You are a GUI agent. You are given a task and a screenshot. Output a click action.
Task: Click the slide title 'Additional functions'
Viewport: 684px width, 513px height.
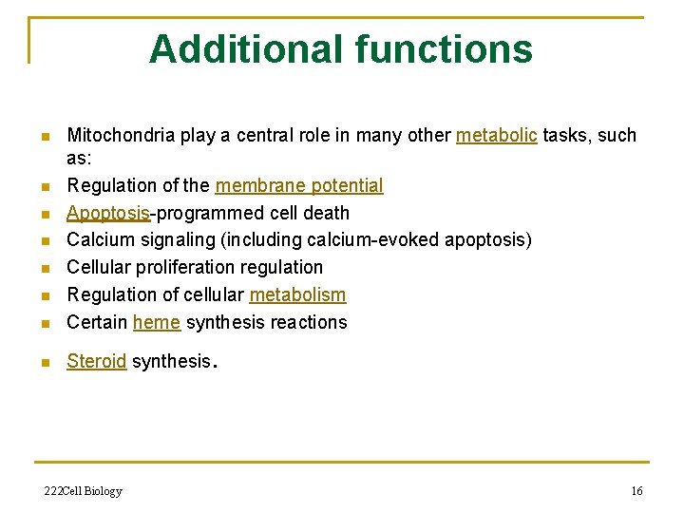click(x=341, y=48)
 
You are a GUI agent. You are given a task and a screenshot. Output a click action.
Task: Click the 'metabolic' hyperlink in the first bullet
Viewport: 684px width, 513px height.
click(x=496, y=135)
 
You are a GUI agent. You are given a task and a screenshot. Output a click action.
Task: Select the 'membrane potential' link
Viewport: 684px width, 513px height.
click(x=299, y=185)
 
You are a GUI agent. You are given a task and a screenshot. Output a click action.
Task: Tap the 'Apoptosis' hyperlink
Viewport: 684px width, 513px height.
click(x=108, y=213)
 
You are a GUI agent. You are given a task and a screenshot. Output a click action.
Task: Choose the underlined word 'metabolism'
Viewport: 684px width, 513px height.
click(x=297, y=294)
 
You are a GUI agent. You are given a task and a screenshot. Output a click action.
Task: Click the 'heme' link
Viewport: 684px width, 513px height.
click(x=157, y=322)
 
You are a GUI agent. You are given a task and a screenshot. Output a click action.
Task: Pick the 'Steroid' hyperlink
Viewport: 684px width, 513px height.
click(x=96, y=361)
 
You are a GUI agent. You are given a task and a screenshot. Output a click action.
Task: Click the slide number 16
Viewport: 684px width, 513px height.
click(x=636, y=491)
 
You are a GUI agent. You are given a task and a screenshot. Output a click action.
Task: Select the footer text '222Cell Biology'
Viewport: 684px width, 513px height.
click(x=84, y=491)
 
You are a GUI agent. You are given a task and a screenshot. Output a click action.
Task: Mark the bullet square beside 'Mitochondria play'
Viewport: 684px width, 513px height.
click(x=43, y=137)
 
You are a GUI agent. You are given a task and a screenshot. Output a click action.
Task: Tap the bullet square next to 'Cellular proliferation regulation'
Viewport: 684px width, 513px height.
click(x=43, y=269)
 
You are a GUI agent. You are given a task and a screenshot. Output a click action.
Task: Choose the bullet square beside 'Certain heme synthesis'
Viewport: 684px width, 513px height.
click(x=43, y=324)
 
